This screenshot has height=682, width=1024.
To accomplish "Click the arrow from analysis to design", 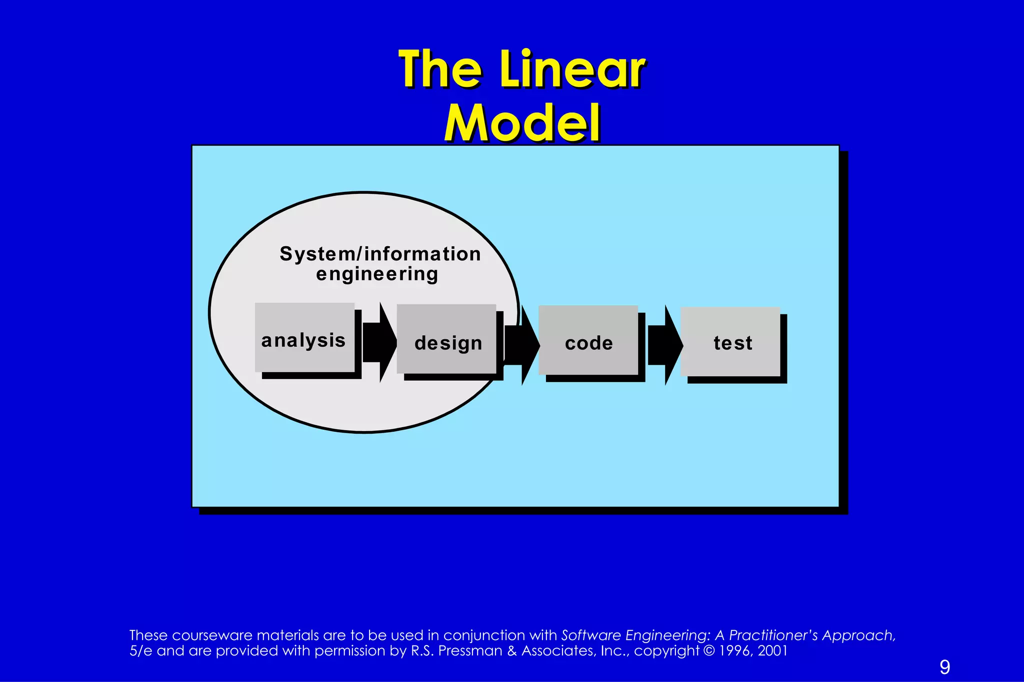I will tap(379, 342).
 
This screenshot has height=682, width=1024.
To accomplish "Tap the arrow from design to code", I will tap(521, 345).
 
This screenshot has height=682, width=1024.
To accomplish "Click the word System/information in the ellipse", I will tap(380, 254).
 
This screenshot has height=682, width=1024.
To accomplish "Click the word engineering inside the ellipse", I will tap(377, 274).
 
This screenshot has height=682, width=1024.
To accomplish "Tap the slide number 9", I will tap(944, 667).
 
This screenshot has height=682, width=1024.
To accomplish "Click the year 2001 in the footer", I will tap(772, 651).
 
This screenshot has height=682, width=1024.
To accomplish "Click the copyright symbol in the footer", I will tap(709, 651).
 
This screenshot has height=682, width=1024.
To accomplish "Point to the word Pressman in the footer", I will tap(470, 651).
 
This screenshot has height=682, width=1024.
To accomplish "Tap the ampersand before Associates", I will tap(512, 651).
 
